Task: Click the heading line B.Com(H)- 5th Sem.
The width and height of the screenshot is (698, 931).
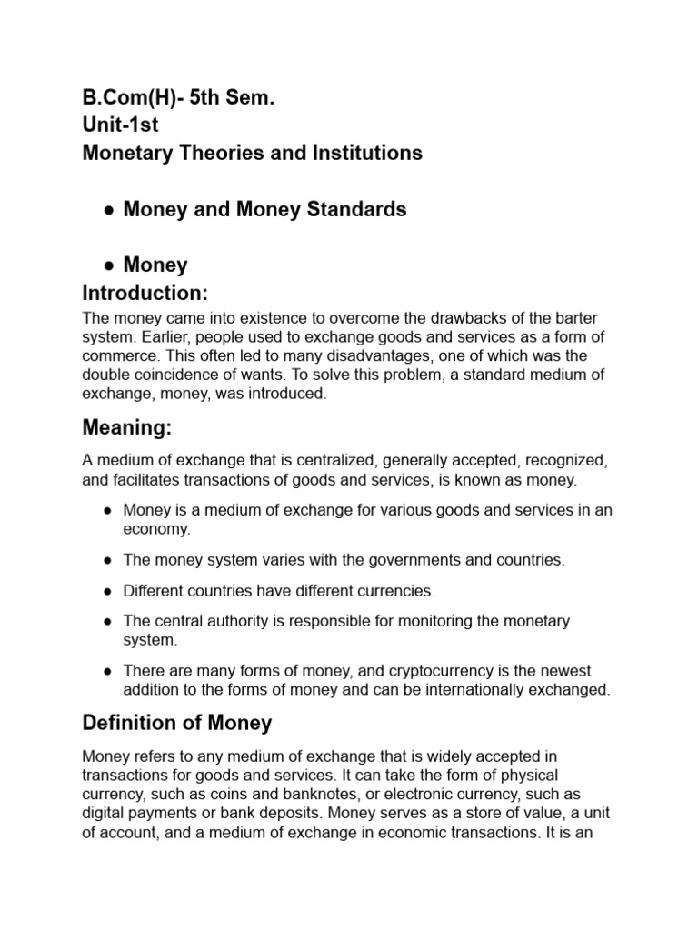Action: (x=178, y=97)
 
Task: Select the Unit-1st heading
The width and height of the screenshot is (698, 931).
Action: (x=121, y=125)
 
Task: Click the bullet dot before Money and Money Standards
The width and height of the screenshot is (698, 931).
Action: (x=107, y=210)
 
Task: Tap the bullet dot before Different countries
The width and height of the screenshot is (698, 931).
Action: (x=107, y=592)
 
